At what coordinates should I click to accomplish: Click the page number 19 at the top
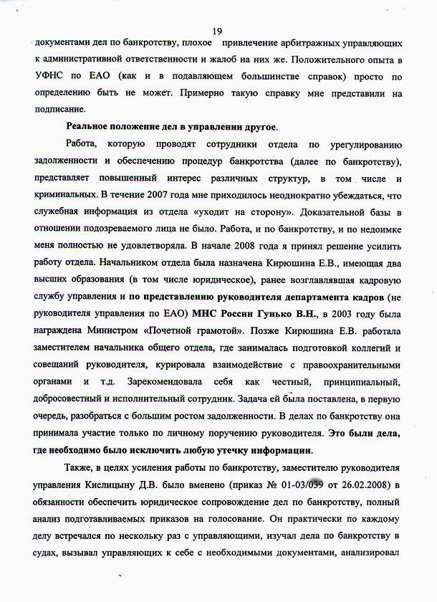click(218, 29)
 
